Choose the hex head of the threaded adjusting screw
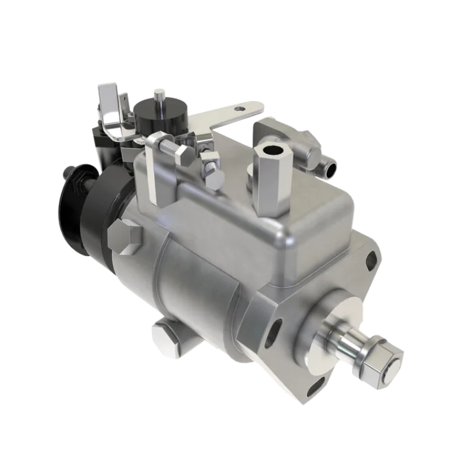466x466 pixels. [185, 153]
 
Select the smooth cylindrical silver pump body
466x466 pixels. [186, 280]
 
